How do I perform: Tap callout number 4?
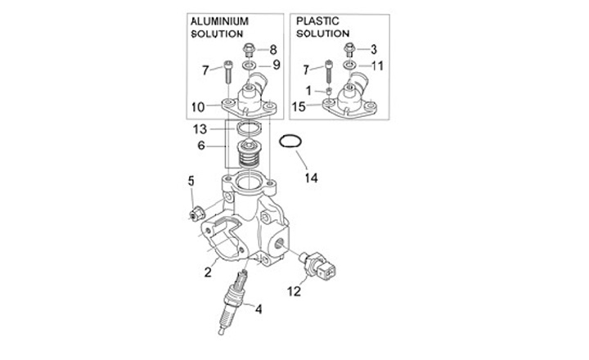click(x=259, y=309)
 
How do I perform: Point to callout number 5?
click(x=191, y=181)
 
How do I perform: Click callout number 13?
click(x=200, y=129)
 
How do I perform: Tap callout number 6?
click(x=201, y=146)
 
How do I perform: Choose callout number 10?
click(x=199, y=106)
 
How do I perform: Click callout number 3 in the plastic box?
click(x=373, y=49)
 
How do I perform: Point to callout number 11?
click(x=376, y=65)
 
